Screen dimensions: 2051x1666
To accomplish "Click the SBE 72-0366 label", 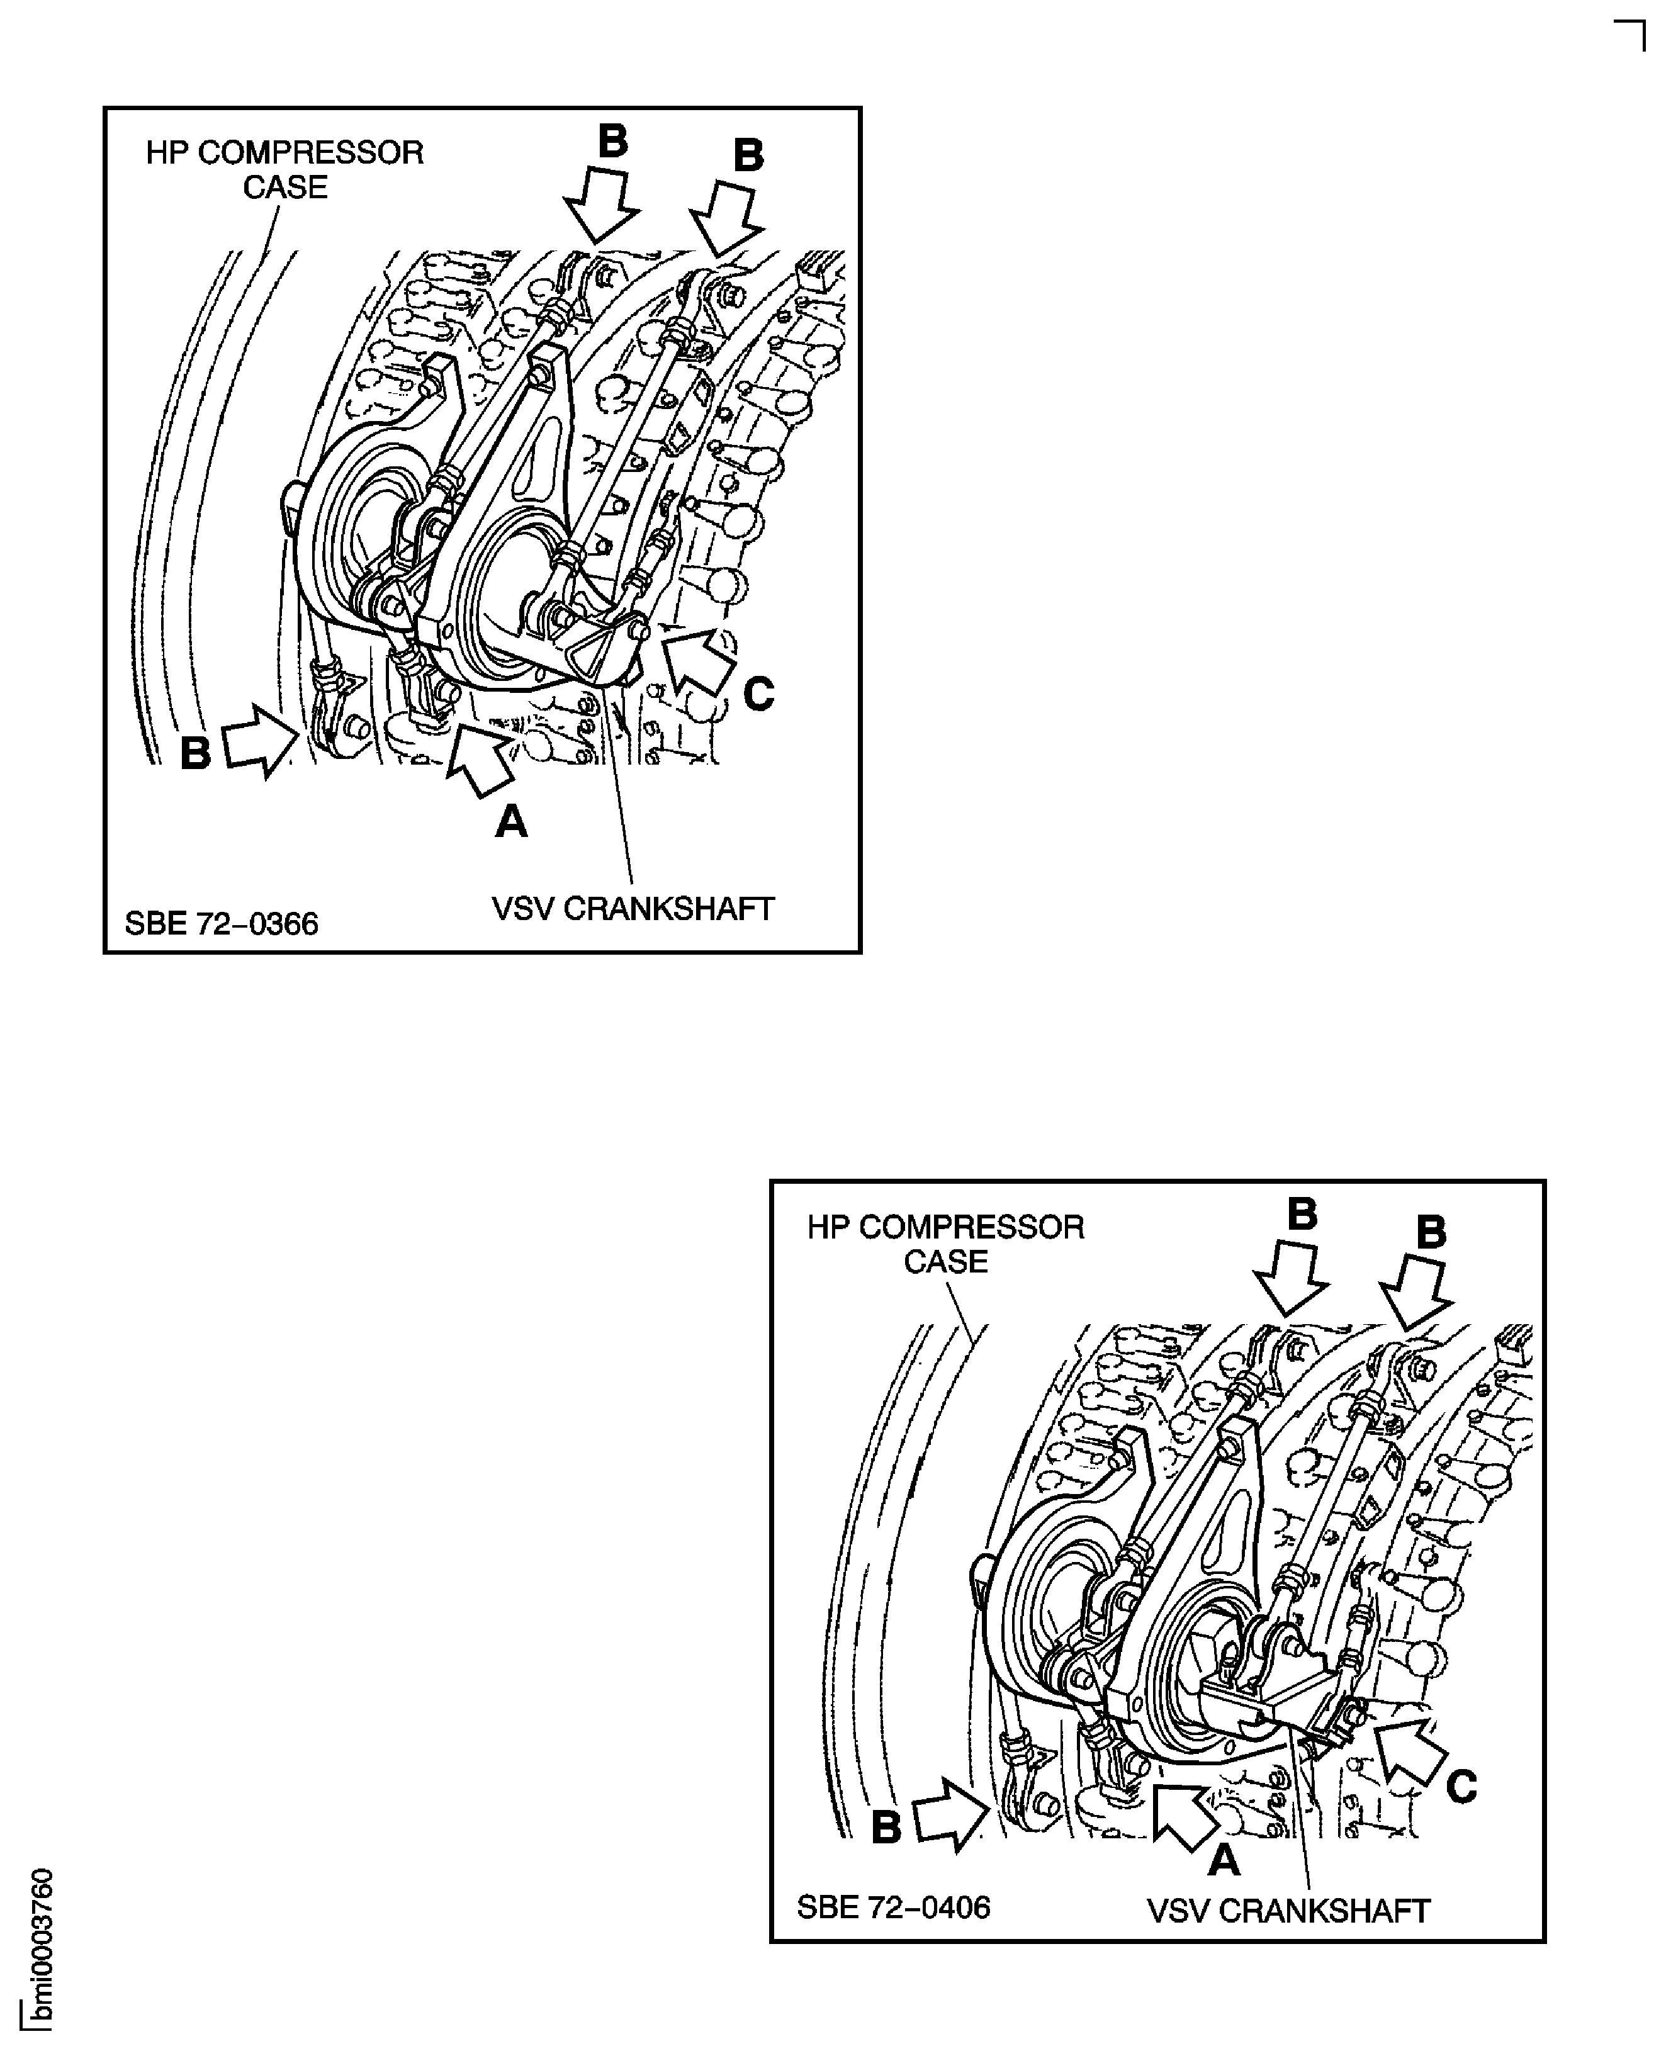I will tap(222, 924).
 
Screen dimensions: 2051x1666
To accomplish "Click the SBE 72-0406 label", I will tap(894, 1907).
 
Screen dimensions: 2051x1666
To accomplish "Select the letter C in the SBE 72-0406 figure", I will tap(1461, 1787).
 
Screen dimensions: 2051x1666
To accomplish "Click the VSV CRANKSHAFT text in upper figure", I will tap(633, 909).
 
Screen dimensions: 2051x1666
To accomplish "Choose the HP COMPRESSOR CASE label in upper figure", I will tap(285, 170).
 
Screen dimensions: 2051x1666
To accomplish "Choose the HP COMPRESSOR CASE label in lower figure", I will tap(945, 1244).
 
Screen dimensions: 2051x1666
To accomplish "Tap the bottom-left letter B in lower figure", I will tap(886, 1828).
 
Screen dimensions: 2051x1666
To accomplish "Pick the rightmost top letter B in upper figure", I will tap(748, 155).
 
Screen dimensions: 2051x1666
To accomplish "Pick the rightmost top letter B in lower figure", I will tap(1431, 1232).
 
